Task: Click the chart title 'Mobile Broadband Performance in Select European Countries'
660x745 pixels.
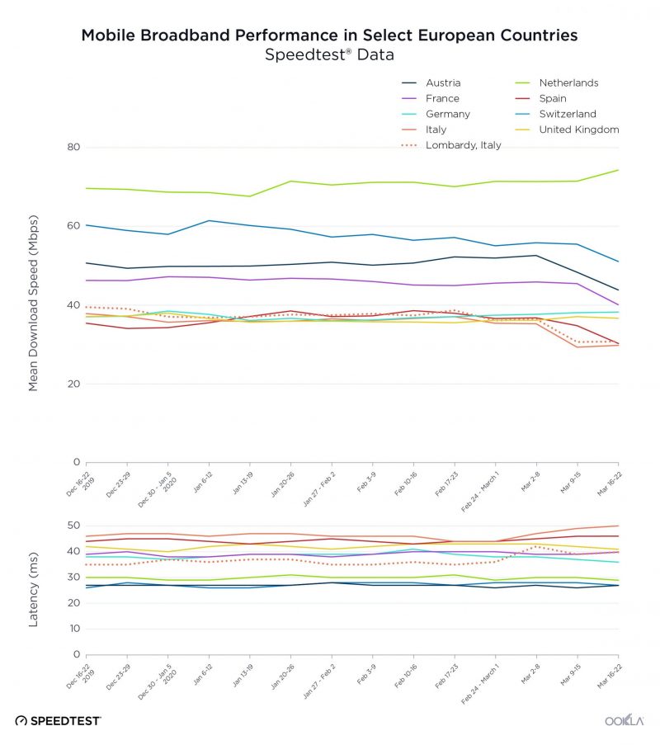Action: coord(329,35)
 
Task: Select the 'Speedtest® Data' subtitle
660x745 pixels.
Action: coord(329,55)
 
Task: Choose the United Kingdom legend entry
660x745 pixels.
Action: coord(578,130)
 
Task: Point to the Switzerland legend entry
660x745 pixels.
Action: coord(567,114)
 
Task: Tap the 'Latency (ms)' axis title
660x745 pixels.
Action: coord(34,590)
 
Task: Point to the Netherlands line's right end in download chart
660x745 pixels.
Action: coord(619,170)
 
